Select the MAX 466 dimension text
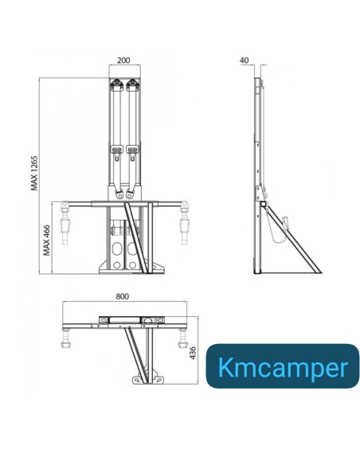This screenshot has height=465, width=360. coord(47,239)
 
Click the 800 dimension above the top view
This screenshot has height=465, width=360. coord(122,296)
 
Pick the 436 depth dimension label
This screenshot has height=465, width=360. coord(192,351)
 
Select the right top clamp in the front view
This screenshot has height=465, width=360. coord(133,85)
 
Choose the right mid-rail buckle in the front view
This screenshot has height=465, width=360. coord(132,151)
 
